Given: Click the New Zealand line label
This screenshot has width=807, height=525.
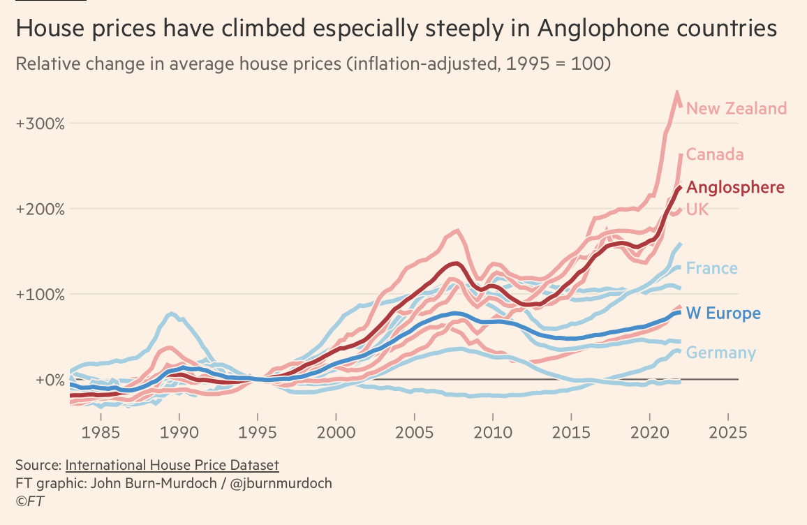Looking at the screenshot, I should (x=736, y=109).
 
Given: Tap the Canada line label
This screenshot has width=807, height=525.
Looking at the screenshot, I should (x=715, y=155).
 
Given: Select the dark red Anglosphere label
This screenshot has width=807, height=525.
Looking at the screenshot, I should (x=735, y=188).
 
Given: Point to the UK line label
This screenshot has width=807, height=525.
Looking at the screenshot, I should (x=697, y=209).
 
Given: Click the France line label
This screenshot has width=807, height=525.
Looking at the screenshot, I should (x=711, y=269).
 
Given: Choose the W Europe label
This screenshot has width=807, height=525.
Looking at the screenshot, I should (x=723, y=313).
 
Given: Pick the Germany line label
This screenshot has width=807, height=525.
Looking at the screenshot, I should (x=720, y=353).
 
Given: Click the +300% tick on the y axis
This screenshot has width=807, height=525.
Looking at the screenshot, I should (x=40, y=124).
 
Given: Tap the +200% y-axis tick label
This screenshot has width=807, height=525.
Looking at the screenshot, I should (x=40, y=209).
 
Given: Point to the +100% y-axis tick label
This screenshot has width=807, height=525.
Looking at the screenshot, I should (x=40, y=295).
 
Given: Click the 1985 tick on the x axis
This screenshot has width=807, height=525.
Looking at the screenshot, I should (x=101, y=431).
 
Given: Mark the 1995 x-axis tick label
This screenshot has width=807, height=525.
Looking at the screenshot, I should (x=258, y=431).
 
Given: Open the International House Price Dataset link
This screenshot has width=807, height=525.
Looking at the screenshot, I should (x=172, y=465).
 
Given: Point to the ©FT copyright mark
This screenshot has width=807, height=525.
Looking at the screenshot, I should (x=30, y=501).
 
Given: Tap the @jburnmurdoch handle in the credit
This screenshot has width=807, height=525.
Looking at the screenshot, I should (x=282, y=483).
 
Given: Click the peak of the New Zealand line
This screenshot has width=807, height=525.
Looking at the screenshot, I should (x=676, y=91).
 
